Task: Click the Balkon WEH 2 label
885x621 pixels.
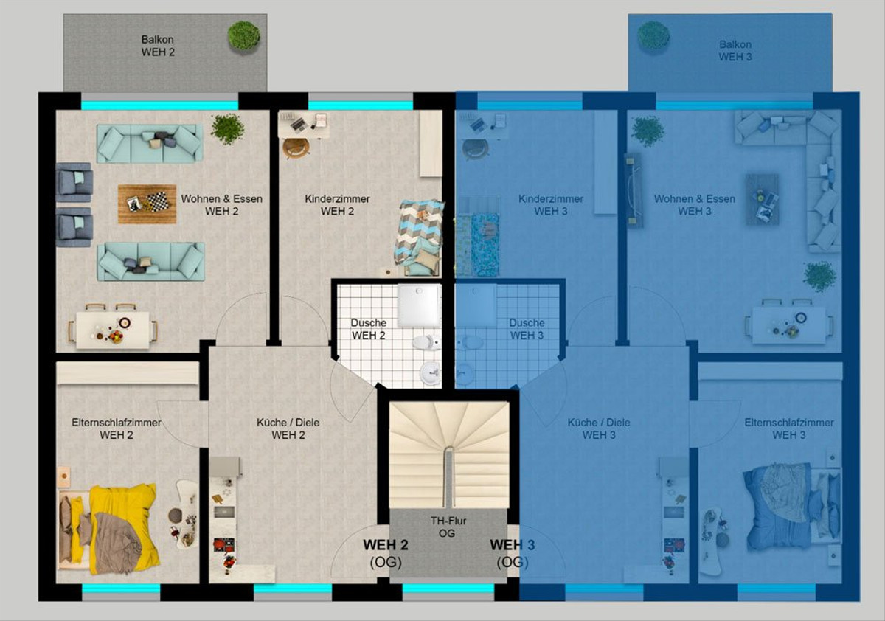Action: pos(158,46)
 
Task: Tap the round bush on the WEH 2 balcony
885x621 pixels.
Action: pos(244,36)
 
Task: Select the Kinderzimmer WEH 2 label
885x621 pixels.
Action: pos(337,205)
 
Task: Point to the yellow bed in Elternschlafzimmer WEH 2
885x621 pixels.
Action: pos(109,529)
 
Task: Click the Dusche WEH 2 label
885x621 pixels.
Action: pos(369,329)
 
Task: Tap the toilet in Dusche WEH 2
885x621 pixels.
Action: pos(426,342)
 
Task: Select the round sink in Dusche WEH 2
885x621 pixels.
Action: pos(430,373)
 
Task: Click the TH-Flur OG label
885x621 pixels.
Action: pos(448,527)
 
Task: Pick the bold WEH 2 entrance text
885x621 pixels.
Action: pos(385,545)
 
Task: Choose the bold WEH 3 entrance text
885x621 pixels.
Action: pos(512,545)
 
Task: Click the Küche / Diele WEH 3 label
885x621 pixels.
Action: pos(599,429)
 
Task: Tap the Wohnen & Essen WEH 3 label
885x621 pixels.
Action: pos(695,205)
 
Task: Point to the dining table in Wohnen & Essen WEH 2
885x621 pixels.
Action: pos(113,330)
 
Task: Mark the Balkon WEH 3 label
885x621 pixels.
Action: pos(735,51)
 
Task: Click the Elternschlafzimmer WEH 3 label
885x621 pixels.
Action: pos(789,429)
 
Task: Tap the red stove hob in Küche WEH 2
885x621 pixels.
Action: pos(224,545)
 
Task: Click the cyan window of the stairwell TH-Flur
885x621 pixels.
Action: pos(448,589)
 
